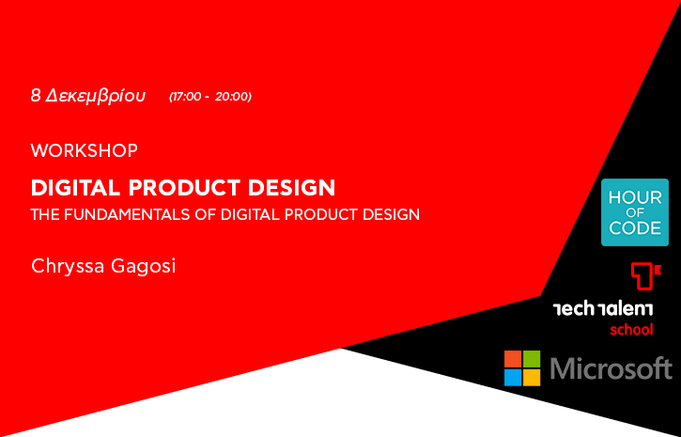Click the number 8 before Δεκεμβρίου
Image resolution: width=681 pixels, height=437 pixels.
point(36,96)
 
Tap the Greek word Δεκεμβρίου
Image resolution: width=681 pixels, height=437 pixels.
point(96,97)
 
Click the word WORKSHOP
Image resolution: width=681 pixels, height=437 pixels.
point(85,150)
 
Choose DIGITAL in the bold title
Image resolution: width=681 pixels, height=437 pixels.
point(75,188)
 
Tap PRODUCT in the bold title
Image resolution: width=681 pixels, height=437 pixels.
point(184,188)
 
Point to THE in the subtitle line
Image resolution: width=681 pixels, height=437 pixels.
point(45,214)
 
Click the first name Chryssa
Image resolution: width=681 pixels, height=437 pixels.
point(68,266)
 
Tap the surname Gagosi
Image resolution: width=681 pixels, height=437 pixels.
point(144,266)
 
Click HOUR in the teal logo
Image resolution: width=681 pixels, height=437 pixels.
point(635,197)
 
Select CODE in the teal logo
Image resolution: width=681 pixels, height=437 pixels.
point(635,228)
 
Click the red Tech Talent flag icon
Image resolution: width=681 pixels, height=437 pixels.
point(646,275)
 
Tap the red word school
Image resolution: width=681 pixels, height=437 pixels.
point(631,330)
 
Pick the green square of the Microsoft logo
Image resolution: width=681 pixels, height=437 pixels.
point(532,359)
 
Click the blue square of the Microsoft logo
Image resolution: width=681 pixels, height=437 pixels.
point(513,378)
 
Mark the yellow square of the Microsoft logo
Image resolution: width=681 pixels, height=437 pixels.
point(532,378)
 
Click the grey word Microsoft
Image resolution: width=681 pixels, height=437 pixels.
point(611,368)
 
